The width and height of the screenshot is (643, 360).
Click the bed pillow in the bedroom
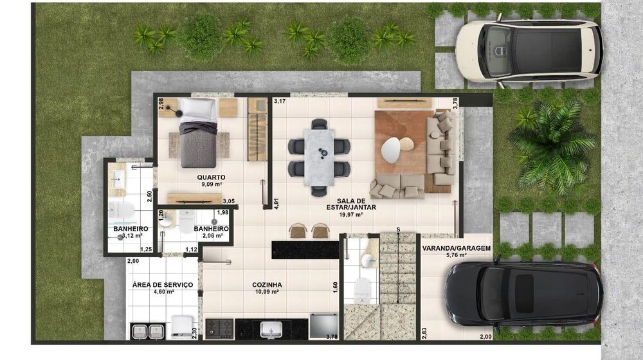[x=198, y=109]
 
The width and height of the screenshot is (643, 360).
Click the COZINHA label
[x=267, y=285]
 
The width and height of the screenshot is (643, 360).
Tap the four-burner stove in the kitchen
[x=219, y=328]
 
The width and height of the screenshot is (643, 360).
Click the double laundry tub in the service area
[x=149, y=332]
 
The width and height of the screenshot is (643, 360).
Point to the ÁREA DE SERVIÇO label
[x=163, y=285]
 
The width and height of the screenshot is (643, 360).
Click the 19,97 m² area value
[x=351, y=215]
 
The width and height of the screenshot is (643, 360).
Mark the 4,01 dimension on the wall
[x=276, y=205]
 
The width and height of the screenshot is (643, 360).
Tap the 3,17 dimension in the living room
[x=279, y=102]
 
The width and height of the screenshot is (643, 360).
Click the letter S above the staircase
[x=398, y=230]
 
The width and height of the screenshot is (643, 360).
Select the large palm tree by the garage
[x=552, y=145]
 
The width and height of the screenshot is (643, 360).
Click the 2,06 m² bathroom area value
[x=211, y=236]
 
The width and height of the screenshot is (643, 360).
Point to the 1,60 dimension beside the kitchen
[x=335, y=286]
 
